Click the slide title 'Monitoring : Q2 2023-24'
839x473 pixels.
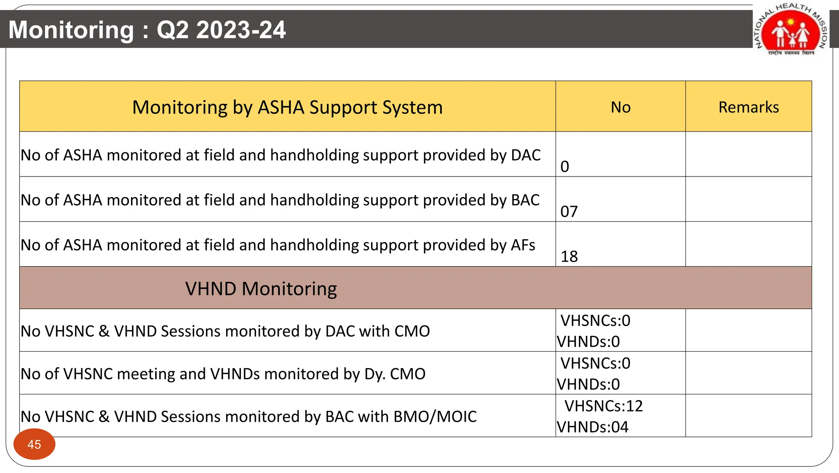[147, 30]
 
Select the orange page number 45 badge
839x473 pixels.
[34, 444]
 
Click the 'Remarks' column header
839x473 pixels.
[748, 107]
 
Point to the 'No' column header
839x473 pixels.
[620, 107]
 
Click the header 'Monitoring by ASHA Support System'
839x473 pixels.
[287, 107]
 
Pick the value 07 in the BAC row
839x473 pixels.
[569, 212]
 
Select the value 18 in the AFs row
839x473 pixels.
[569, 257]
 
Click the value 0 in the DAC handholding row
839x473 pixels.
[565, 167]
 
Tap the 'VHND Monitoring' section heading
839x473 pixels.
[261, 289]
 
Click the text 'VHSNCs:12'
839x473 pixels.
[603, 406]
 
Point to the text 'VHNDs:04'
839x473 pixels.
[592, 427]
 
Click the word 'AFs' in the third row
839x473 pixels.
[523, 245]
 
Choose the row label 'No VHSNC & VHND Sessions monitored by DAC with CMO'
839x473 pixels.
[225, 331]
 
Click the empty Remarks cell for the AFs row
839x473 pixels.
[748, 244]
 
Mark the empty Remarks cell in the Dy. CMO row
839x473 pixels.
[748, 373]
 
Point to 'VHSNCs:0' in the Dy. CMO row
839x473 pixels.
[595, 363]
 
